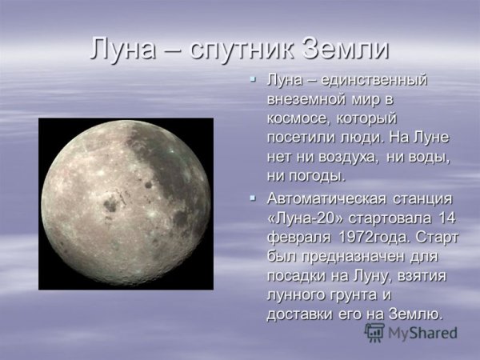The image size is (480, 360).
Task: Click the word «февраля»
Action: (x=300, y=237)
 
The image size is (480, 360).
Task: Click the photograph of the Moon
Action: (x=126, y=203)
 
